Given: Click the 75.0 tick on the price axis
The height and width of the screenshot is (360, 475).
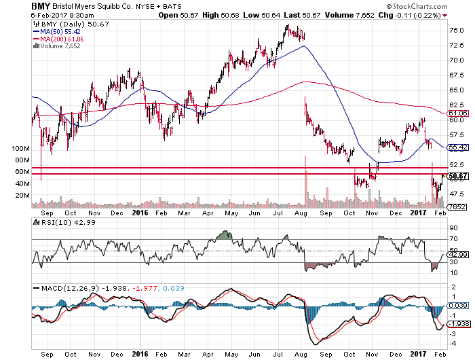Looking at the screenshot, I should (456, 31).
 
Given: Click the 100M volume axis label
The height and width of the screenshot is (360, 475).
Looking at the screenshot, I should (22, 148).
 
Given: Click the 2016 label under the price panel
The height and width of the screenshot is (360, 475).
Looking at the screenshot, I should (138, 211).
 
